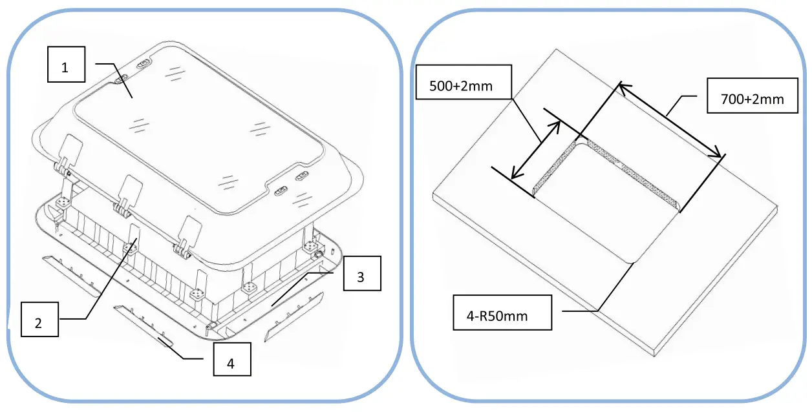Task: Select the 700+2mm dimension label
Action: point(752,99)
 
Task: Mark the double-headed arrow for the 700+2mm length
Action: point(670,119)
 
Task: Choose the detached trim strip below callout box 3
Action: point(294,317)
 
